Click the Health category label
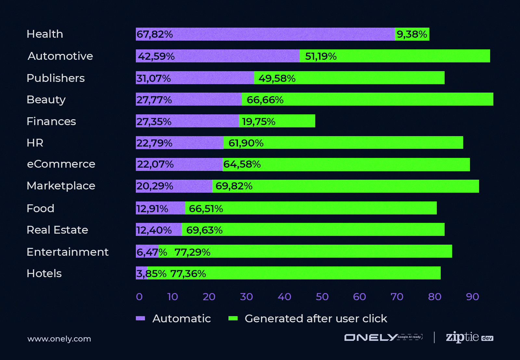(45, 34)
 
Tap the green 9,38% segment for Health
(412, 34)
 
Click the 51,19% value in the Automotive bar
(321, 56)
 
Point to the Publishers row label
(56, 78)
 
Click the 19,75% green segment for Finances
(277, 121)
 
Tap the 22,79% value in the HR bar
(154, 143)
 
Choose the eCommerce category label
(61, 164)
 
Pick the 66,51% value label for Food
(206, 209)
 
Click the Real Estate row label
(57, 230)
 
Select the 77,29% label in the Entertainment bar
(192, 252)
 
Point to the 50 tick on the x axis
(322, 297)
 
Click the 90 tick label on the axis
(472, 297)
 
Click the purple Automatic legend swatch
(140, 318)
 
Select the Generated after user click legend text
(316, 318)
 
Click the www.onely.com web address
(59, 339)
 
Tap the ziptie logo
(469, 337)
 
